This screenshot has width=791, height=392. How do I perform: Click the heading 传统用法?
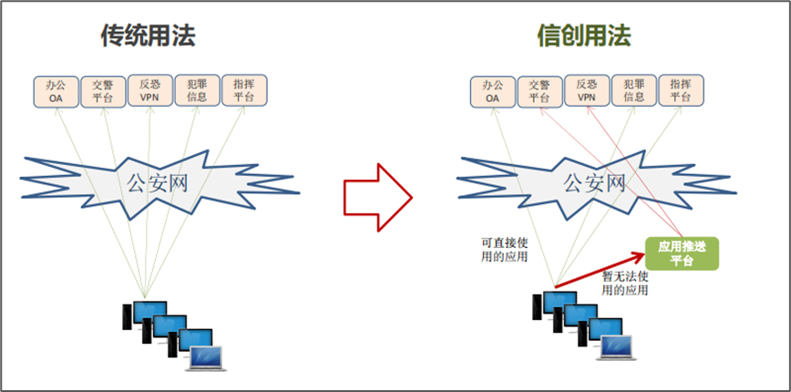pyautogui.click(x=148, y=36)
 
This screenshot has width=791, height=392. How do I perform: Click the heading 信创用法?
pyautogui.click(x=584, y=36)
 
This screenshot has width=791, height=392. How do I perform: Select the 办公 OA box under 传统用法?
pyautogui.click(x=56, y=91)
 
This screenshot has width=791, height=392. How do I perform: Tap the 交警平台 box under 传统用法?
pyautogui.click(x=103, y=91)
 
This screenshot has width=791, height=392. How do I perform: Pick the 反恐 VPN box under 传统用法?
pyautogui.click(x=150, y=90)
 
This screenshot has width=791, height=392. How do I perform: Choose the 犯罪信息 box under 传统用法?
pyautogui.click(x=197, y=90)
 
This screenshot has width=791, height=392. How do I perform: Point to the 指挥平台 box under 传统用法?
pyautogui.click(x=244, y=90)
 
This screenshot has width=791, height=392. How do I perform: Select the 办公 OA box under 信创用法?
pyautogui.click(x=493, y=91)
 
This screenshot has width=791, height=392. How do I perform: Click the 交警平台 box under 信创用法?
pyautogui.click(x=539, y=91)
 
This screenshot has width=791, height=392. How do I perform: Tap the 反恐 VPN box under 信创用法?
pyautogui.click(x=587, y=90)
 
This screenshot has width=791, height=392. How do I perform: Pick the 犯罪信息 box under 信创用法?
pyautogui.click(x=634, y=90)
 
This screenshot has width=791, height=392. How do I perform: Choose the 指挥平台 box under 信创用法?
pyautogui.click(x=681, y=90)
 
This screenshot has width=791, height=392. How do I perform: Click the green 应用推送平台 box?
pyautogui.click(x=682, y=253)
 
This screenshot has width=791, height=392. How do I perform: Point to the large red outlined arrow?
pyautogui.click(x=378, y=197)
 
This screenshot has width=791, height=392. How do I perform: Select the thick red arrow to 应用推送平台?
pyautogui.click(x=601, y=270)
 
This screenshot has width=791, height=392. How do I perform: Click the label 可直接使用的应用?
pyautogui.click(x=504, y=250)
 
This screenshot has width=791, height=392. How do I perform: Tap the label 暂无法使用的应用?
pyautogui.click(x=625, y=284)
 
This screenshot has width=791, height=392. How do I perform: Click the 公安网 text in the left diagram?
pyautogui.click(x=157, y=182)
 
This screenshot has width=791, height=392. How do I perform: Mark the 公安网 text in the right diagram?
pyautogui.click(x=594, y=182)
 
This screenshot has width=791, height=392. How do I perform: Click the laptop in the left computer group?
pyautogui.click(x=205, y=358)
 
